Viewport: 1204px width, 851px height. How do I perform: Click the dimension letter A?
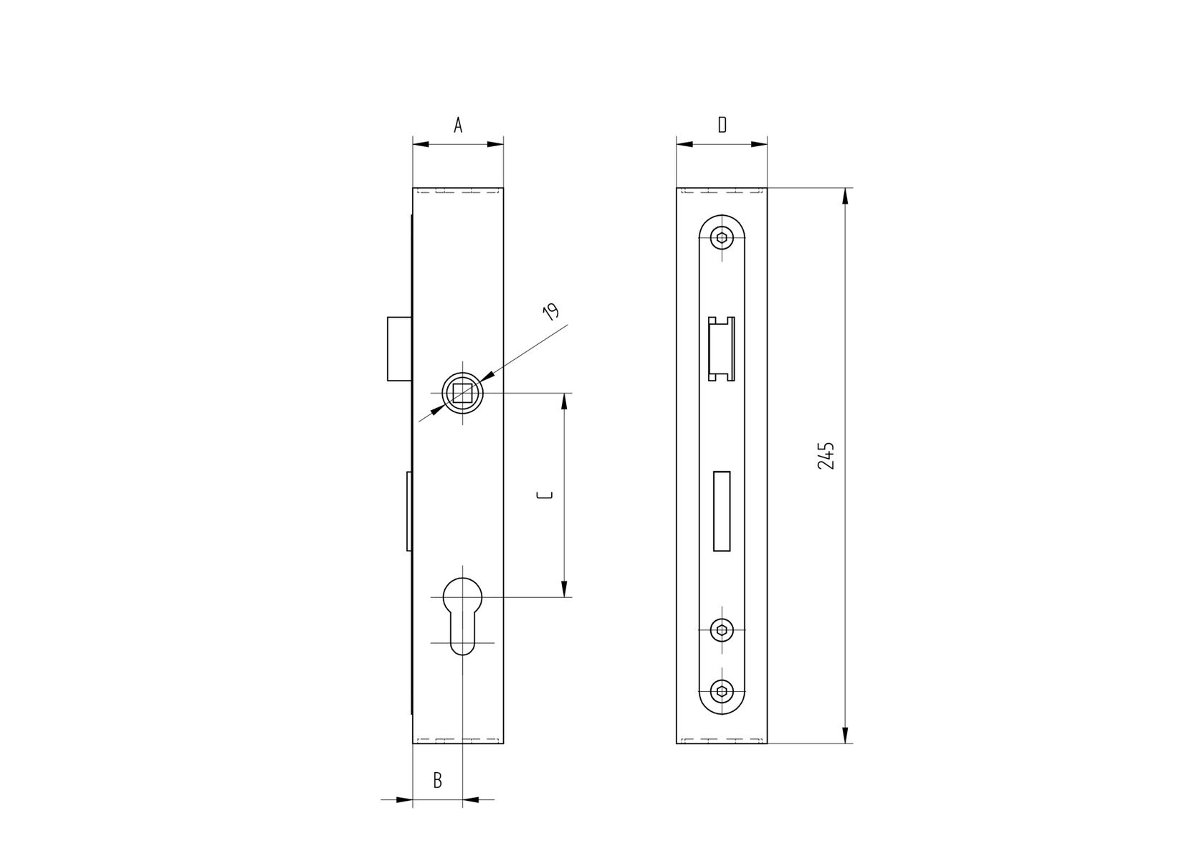click(x=458, y=125)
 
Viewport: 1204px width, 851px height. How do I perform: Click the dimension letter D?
click(x=722, y=125)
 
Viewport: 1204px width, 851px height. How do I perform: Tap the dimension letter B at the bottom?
click(x=438, y=781)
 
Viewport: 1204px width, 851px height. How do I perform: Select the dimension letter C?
click(x=546, y=495)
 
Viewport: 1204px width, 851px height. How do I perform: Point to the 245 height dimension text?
click(x=826, y=456)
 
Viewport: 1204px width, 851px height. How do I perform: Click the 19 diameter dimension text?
click(x=550, y=311)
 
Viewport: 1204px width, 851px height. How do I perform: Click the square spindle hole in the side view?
click(x=463, y=394)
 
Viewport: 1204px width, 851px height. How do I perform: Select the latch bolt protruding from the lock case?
click(x=399, y=348)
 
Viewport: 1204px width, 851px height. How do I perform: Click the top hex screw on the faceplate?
click(x=722, y=239)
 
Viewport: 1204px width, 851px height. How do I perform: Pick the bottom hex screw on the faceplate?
click(x=722, y=691)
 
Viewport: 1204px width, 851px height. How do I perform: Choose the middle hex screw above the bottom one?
click(x=722, y=630)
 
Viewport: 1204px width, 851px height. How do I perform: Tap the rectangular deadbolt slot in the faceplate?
click(x=722, y=511)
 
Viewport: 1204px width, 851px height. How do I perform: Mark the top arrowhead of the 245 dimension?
click(x=846, y=196)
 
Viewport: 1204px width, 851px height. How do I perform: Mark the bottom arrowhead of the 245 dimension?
click(x=846, y=735)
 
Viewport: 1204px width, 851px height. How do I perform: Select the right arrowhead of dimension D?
click(x=759, y=144)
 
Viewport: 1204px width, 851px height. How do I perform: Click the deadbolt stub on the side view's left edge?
click(x=409, y=511)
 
